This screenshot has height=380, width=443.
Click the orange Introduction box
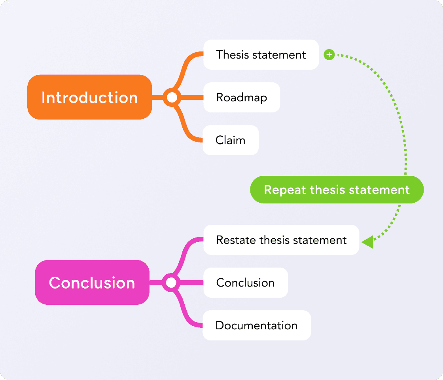click(x=89, y=97)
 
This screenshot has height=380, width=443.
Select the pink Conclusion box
click(x=92, y=282)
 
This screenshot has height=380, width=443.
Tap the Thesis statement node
click(x=261, y=55)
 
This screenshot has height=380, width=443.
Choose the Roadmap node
click(x=242, y=97)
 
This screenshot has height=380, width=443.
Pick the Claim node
click(x=231, y=140)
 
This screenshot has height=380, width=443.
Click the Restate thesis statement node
click(x=281, y=240)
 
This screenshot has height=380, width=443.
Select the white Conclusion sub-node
click(x=246, y=283)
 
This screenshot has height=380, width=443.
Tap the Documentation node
click(x=257, y=325)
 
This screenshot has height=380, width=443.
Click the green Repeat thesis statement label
click(x=337, y=190)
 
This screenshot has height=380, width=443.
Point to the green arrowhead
click(x=368, y=241)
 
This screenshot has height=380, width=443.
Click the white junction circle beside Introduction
click(x=172, y=97)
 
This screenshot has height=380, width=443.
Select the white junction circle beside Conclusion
click(x=171, y=283)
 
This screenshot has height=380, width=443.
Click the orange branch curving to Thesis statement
click(x=186, y=67)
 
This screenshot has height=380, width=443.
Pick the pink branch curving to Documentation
click(x=185, y=313)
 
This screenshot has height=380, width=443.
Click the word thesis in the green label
click(x=323, y=190)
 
